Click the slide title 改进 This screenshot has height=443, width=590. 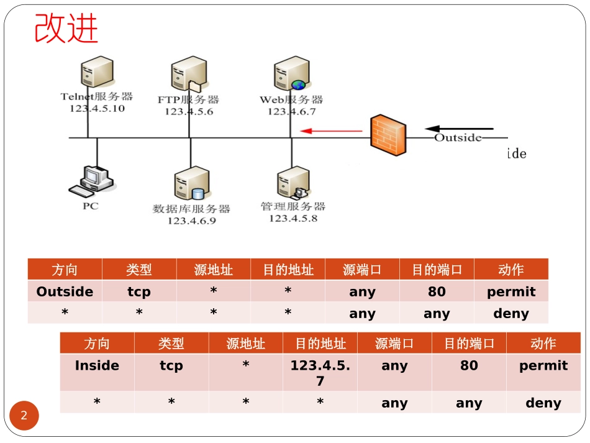coord(66,29)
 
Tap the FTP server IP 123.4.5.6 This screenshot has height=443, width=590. coord(189,112)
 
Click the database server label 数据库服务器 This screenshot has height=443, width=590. coord(191,209)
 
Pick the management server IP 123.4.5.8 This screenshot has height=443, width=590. coord(293,218)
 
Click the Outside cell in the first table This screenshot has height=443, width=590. coord(65,291)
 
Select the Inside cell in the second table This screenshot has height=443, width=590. coord(97,365)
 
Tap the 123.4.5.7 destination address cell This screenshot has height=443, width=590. coord(320,372)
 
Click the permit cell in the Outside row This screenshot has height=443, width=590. coord(511,291)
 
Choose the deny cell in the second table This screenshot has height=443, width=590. coord(543,403)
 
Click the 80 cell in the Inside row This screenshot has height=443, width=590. coord(469,365)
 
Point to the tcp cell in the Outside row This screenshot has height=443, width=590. coord(139,291)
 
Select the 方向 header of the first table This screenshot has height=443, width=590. coord(65,270)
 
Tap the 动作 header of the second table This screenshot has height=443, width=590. coord(543,344)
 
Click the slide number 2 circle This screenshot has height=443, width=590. coord(24,416)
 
